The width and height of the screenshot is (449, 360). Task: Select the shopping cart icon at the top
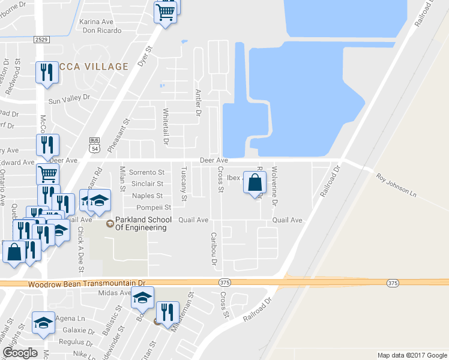(x=166, y=12)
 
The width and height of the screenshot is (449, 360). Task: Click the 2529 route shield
(x=41, y=39)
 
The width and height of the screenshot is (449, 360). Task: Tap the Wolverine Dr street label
(x=275, y=187)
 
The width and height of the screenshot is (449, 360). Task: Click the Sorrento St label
(x=147, y=172)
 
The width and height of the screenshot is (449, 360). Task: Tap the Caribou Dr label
(x=213, y=248)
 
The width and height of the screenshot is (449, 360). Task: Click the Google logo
(x=20, y=352)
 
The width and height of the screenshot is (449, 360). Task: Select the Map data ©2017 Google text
(x=411, y=355)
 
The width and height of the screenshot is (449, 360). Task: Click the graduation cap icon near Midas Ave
(x=143, y=297)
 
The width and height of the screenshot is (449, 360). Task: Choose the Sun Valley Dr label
(x=69, y=97)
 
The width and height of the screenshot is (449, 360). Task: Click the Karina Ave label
(x=97, y=22)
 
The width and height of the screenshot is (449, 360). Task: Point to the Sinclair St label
(x=147, y=184)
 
